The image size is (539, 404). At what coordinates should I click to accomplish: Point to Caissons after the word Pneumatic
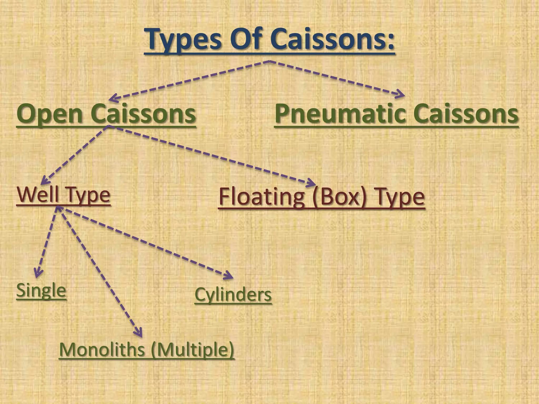pos(466,114)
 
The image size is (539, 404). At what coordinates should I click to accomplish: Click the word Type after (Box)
pos(400,197)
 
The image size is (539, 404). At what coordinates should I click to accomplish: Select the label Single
pos(41,290)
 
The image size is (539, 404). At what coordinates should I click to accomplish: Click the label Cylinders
pos(233,295)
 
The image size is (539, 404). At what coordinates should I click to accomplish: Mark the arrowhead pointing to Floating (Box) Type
pos(312,183)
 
